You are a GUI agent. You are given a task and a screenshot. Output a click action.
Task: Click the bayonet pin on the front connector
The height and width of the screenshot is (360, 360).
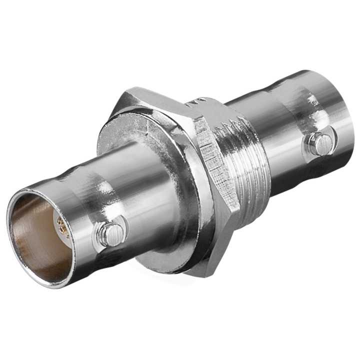point(110,233)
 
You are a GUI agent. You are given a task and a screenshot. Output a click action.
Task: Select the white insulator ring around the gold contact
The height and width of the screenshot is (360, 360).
point(56,220)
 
